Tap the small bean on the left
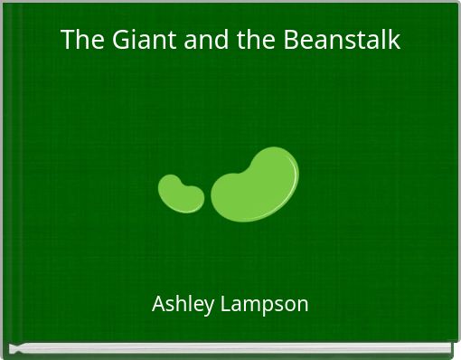[181, 193]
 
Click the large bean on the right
[256, 183]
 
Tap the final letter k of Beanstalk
[394, 41]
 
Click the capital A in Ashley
[158, 304]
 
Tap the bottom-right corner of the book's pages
[449, 351]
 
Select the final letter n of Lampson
[303, 305]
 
